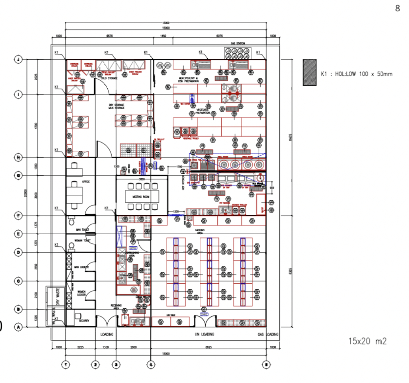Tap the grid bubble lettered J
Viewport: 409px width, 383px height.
point(19,59)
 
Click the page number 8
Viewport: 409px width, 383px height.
point(397,8)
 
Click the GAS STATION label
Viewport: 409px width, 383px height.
point(238,44)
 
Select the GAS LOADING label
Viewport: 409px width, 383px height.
point(268,335)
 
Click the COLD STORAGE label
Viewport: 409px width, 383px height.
point(108,77)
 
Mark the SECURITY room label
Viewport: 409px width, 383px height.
point(84,321)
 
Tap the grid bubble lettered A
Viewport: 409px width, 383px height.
point(19,327)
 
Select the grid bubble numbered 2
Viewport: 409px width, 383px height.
point(95,364)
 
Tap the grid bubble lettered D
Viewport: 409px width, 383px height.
point(19,252)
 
